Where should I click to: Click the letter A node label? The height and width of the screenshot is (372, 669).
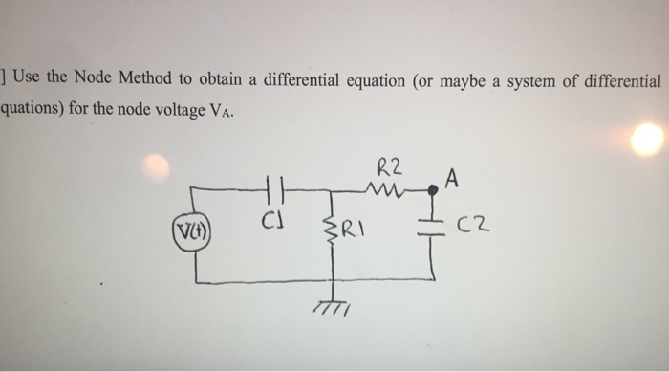(x=451, y=178)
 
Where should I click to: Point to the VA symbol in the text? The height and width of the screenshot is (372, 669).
(x=217, y=111)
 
